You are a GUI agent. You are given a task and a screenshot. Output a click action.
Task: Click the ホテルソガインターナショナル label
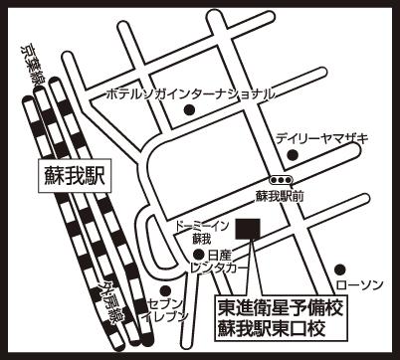pyautogui.click(x=190, y=94)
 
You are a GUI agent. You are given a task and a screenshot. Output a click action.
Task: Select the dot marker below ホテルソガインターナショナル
pyautogui.click(x=189, y=109)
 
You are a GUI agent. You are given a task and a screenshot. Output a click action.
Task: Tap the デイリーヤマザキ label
pyautogui.click(x=322, y=138)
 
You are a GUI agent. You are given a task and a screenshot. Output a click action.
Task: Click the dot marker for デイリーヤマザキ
pyautogui.click(x=293, y=154)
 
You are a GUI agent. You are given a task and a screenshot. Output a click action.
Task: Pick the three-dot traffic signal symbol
pyautogui.click(x=281, y=180)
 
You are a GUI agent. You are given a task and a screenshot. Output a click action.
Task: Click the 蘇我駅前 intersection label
pyautogui.click(x=280, y=197)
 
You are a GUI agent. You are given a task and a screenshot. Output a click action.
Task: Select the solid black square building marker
pyautogui.click(x=248, y=229)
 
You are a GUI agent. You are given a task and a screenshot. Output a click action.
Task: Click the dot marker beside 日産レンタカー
pyautogui.click(x=198, y=255)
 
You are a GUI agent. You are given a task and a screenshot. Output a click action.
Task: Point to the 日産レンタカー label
pyautogui.click(x=219, y=262)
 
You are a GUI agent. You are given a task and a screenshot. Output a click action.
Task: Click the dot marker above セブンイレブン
pyautogui.click(x=165, y=291)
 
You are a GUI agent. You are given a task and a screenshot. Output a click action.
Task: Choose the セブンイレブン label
pyautogui.click(x=165, y=310)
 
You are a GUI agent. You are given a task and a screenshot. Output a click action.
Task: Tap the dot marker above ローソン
pyautogui.click(x=340, y=270)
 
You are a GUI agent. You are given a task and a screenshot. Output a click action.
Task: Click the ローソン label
pyautogui.click(x=359, y=284)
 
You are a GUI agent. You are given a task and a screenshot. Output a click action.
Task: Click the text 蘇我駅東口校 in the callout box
pyautogui.click(x=272, y=328)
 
